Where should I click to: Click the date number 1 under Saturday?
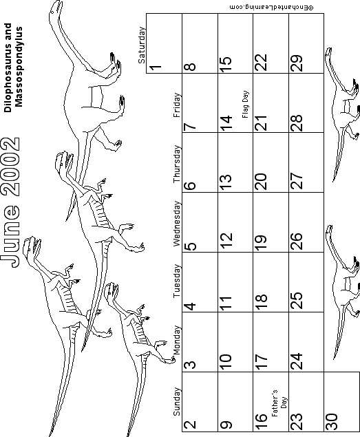(x=156, y=67)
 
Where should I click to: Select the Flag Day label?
(x=245, y=104)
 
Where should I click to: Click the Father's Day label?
(x=279, y=403)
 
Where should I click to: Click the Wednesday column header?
(x=178, y=224)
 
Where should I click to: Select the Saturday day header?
(x=142, y=45)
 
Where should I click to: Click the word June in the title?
(x=10, y=236)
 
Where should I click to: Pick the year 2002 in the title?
(x=10, y=165)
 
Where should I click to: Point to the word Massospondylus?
(x=19, y=67)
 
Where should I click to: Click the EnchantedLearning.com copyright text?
(x=271, y=8)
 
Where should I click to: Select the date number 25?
(x=296, y=300)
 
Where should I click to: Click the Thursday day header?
(x=178, y=164)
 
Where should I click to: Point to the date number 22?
(x=261, y=62)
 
